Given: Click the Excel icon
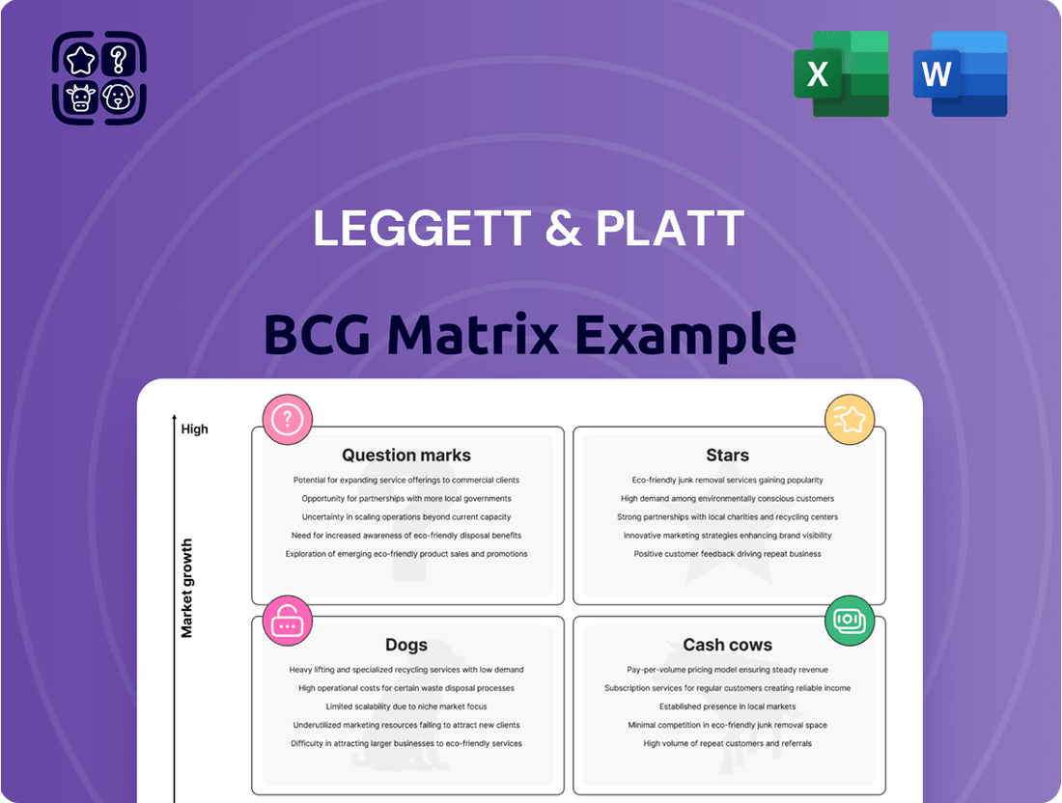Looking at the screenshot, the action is coord(841,73).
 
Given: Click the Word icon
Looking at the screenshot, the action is coord(960,73).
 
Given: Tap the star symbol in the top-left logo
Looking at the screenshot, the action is coord(81,60).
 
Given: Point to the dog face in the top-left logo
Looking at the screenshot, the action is coord(119,97).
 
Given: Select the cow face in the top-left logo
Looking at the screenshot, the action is coord(80,97).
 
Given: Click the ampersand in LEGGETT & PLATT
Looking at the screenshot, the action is coord(563,228).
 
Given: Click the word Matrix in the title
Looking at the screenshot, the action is coord(473,335).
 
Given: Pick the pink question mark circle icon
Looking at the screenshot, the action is coord(287,420).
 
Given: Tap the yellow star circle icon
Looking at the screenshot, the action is coord(850,420).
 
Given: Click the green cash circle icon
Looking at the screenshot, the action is coord(850,621).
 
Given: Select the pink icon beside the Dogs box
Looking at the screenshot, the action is coord(287,621).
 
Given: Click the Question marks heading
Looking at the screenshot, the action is coord(406,455).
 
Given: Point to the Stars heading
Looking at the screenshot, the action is coord(727,455).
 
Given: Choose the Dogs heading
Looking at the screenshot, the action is coord(406,645).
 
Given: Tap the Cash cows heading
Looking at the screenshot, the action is coord(727,645).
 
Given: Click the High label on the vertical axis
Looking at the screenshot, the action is coord(194,429).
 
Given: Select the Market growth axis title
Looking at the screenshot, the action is coord(187,588).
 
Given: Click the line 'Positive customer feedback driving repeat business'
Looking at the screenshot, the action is coord(727,554).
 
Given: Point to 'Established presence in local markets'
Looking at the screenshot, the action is coord(727,706).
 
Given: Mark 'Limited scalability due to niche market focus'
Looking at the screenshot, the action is coord(406,706).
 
